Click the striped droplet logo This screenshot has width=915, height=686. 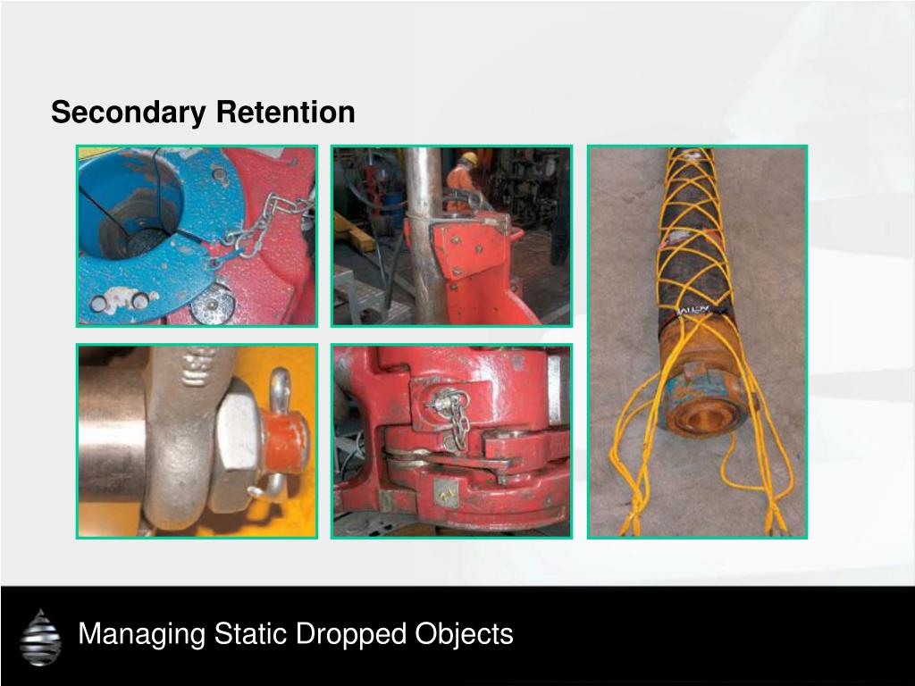[40, 637]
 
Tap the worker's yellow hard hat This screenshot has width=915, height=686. [469, 159]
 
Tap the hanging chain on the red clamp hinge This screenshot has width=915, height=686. [457, 424]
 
